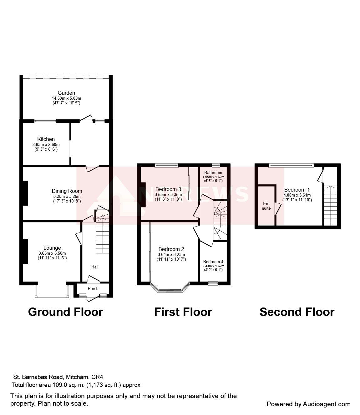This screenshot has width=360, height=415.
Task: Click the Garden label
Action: (66, 93)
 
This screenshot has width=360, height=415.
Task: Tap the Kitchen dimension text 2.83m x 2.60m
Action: (46, 145)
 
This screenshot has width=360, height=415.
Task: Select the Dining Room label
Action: (67, 191)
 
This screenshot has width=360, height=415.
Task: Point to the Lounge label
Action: (52, 248)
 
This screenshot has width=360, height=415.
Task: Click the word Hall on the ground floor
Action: (95, 267)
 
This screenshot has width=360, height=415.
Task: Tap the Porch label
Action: (93, 288)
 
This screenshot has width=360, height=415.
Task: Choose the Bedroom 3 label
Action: (168, 189)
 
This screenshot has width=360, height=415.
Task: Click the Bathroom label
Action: (213, 173)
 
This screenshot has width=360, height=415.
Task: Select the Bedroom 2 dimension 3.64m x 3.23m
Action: (171, 255)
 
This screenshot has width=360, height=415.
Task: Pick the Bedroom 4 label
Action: (213, 262)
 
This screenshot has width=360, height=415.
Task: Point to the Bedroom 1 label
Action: (297, 190)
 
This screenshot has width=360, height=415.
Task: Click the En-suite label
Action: (266, 206)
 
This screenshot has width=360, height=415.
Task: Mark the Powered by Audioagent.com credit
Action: (308, 404)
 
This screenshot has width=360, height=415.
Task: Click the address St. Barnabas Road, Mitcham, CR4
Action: (58, 377)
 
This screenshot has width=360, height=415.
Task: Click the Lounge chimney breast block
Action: (25, 251)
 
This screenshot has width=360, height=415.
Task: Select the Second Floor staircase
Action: (331, 206)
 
